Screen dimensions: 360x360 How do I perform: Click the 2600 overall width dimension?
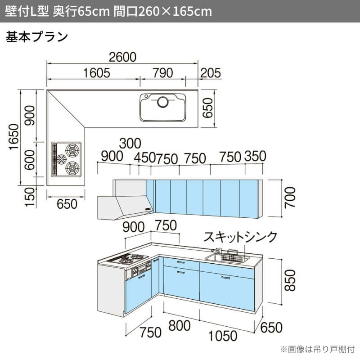click(x=122, y=57)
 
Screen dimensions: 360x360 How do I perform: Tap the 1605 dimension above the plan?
click(x=96, y=73)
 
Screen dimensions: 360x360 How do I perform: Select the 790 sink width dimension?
click(x=163, y=73)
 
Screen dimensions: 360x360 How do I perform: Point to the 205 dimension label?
click(x=211, y=73)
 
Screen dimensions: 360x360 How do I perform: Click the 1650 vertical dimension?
click(x=14, y=137)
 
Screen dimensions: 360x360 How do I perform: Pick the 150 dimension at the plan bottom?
click(x=30, y=197)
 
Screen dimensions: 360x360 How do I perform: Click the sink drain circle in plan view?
click(x=163, y=102)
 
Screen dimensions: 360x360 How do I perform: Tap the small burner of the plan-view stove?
click(x=62, y=159)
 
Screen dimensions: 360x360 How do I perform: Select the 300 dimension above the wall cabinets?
click(x=130, y=143)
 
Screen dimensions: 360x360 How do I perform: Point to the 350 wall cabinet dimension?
click(x=255, y=156)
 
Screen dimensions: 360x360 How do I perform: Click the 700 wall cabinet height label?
click(x=289, y=198)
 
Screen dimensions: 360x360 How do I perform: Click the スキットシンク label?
click(x=240, y=237)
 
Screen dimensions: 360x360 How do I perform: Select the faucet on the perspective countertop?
click(x=216, y=250)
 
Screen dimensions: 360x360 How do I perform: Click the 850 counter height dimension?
click(x=290, y=280)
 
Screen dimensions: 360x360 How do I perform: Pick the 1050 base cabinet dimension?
click(x=223, y=336)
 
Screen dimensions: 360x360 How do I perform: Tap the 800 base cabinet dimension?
click(x=180, y=325)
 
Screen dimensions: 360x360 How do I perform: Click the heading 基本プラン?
click(x=37, y=37)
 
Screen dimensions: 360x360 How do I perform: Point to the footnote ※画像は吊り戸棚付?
click(x=317, y=349)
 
